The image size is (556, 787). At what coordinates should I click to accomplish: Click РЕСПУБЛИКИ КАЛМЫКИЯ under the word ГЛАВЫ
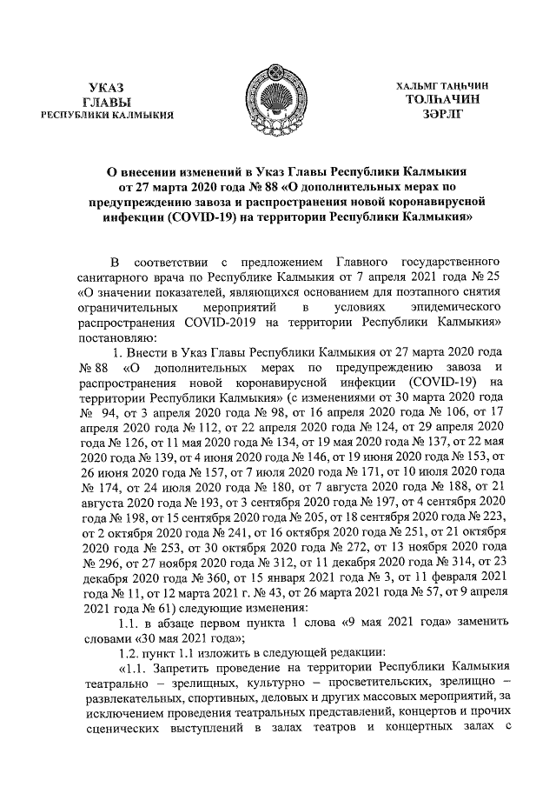(x=107, y=114)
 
